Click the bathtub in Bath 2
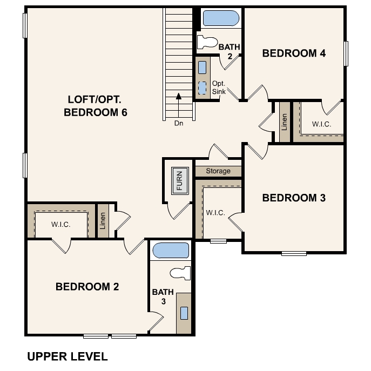coord(221,18)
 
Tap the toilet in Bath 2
coord(207,42)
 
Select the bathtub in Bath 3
coord(171,251)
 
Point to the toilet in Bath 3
coord(180,273)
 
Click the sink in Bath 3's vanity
coord(184,313)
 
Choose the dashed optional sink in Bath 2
coord(202,88)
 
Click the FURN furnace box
coord(180,181)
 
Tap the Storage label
coord(218,171)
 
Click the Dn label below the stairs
coord(179,123)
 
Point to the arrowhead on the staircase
coord(179,96)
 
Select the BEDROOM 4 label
coord(294,53)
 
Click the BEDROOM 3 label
coord(294,198)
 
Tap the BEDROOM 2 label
coord(87,287)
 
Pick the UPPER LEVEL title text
coord(68,356)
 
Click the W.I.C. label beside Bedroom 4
coord(321,124)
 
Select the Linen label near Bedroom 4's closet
coord(285,122)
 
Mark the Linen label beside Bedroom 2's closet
coord(103,221)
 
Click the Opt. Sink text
coord(219,87)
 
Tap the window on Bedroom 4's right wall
coord(346,53)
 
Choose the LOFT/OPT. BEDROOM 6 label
coord(96,106)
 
